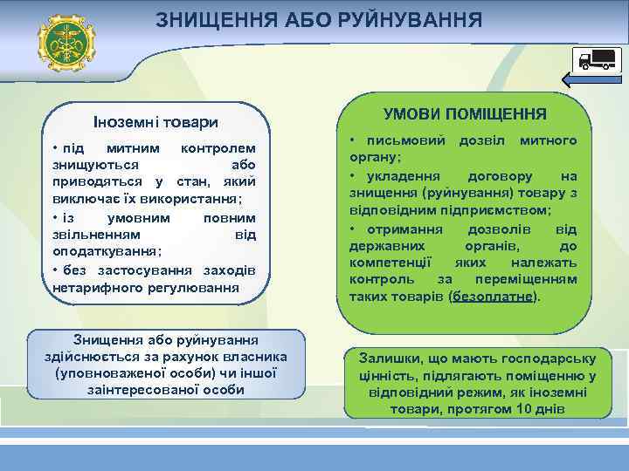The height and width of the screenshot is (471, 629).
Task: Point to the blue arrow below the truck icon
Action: [592, 81]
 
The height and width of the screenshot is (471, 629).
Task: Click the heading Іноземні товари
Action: [156, 121]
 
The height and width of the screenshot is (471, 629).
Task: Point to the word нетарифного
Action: [93, 285]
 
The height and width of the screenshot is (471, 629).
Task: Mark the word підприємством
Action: [498, 210]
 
